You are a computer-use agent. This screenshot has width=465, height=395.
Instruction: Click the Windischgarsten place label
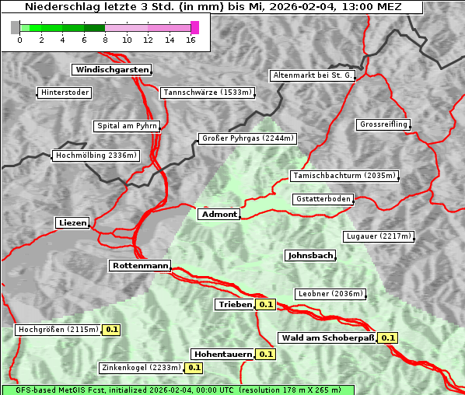[110, 70]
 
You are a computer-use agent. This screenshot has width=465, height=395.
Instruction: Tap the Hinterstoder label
[65, 93]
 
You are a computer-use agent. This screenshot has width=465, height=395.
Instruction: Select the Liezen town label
[72, 223]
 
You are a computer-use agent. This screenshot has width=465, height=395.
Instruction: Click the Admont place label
[219, 214]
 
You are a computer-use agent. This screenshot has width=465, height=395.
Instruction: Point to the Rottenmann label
[139, 266]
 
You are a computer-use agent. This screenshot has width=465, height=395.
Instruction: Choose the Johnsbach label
[310, 256]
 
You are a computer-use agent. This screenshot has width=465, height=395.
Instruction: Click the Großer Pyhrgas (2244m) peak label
[247, 138]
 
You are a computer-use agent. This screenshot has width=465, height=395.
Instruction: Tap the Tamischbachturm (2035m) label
[343, 176]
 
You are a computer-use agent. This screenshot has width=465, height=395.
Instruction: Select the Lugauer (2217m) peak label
[378, 236]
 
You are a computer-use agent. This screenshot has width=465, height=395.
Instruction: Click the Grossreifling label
[383, 124]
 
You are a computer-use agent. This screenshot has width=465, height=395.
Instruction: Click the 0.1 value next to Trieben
[267, 305]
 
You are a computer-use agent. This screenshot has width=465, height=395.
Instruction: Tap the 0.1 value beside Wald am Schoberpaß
[388, 337]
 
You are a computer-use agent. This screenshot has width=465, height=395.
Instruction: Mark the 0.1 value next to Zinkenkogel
[194, 368]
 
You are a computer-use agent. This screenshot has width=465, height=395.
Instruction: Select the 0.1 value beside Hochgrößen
[111, 330]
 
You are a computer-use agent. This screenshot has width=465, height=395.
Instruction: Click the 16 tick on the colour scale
[191, 40]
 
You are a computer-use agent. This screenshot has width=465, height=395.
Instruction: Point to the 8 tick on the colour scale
[105, 40]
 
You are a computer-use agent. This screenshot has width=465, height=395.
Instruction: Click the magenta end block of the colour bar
[194, 27]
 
